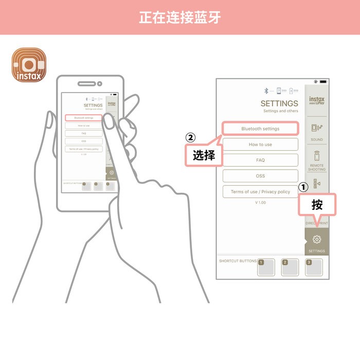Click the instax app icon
(29, 65)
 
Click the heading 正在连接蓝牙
(180, 17)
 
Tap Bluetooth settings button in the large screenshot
(260, 129)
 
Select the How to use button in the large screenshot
(260, 145)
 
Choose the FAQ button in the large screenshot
(260, 160)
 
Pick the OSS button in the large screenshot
(260, 176)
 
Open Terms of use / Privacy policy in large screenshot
(260, 192)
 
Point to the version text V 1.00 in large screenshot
(260, 203)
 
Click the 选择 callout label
(204, 156)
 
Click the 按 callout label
(317, 205)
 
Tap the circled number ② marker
(190, 138)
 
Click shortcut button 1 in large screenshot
(266, 267)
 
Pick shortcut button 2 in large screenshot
(290, 267)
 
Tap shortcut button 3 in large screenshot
(314, 267)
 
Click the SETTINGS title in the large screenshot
(279, 103)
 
